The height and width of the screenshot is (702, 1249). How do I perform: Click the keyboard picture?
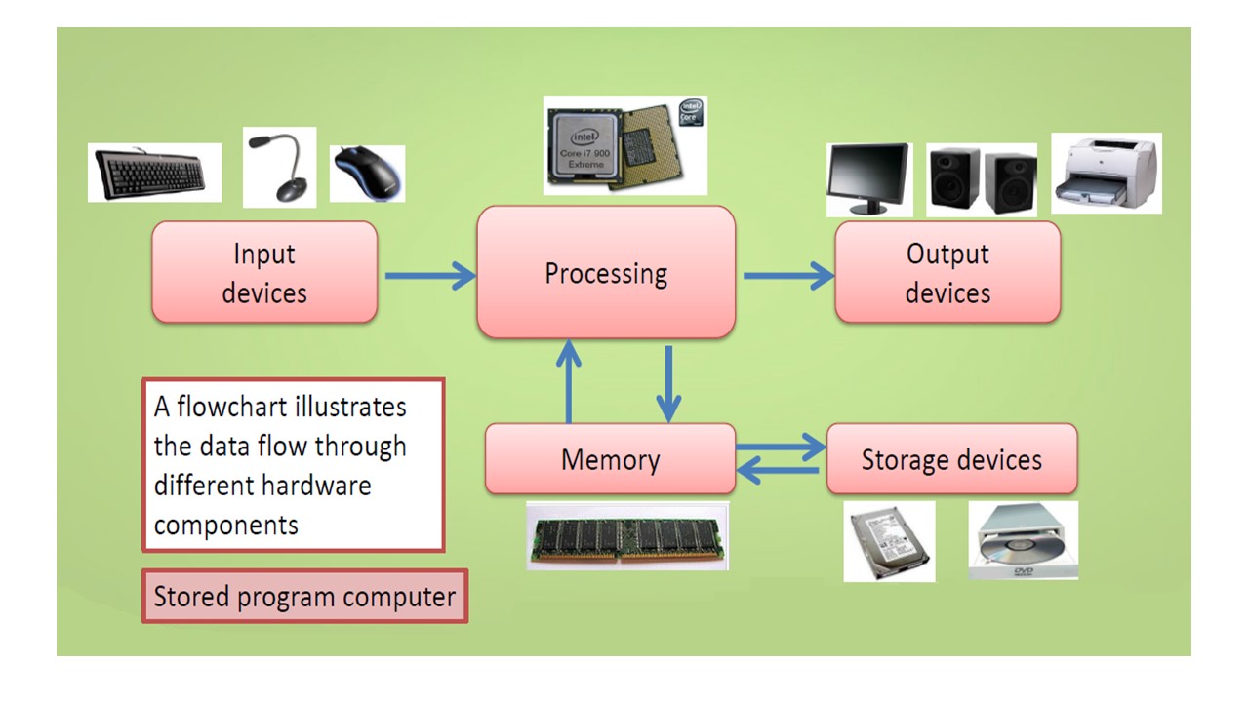(154, 173)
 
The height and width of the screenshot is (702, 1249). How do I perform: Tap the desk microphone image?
(279, 167)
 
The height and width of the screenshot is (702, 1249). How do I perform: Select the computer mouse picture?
(367, 174)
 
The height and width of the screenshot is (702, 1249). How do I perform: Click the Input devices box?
(264, 272)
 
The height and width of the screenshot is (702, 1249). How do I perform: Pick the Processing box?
(605, 272)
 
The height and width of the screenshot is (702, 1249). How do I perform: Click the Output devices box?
(947, 272)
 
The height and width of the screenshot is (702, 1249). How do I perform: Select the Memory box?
(610, 459)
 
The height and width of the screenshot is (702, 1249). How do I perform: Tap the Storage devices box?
(951, 459)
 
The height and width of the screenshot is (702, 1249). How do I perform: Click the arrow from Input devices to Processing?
(429, 276)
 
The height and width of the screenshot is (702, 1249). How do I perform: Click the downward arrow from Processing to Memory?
(669, 383)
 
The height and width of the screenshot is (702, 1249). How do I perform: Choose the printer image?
(1107, 173)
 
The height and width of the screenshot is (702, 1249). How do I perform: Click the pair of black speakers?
(981, 180)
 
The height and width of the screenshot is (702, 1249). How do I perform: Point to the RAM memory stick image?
(627, 535)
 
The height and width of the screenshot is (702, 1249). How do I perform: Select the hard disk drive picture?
(889, 541)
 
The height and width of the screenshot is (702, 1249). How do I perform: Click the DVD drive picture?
(1024, 541)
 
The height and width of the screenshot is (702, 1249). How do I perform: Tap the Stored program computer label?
(304, 596)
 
